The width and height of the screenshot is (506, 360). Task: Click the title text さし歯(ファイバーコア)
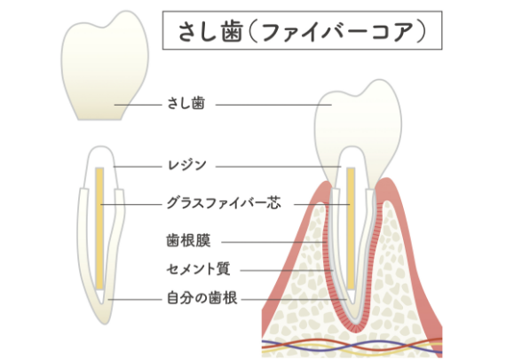click(x=302, y=32)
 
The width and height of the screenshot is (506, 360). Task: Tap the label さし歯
click(x=186, y=104)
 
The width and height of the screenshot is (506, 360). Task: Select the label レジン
click(x=186, y=165)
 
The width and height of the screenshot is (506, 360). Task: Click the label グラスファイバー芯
click(x=224, y=203)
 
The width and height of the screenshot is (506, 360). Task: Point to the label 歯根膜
click(x=188, y=241)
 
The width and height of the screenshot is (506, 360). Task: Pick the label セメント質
click(x=199, y=270)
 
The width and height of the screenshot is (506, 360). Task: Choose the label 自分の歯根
click(x=202, y=298)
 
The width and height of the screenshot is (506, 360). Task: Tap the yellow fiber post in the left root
click(x=99, y=228)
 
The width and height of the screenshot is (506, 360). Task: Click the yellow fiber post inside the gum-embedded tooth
click(x=351, y=228)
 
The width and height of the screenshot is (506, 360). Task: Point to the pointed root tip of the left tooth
click(x=104, y=322)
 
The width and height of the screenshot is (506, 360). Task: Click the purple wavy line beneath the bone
click(x=352, y=346)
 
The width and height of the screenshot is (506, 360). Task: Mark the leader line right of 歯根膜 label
click(x=274, y=242)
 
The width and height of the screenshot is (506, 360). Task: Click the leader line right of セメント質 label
click(x=287, y=270)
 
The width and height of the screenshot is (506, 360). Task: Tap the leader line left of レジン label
click(x=137, y=167)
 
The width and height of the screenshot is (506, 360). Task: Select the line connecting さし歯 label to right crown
click(x=273, y=105)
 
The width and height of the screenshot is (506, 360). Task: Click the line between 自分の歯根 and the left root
click(x=135, y=300)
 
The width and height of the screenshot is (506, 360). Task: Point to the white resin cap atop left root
click(x=100, y=167)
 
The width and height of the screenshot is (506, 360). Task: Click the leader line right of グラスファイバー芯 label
click(x=321, y=204)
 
